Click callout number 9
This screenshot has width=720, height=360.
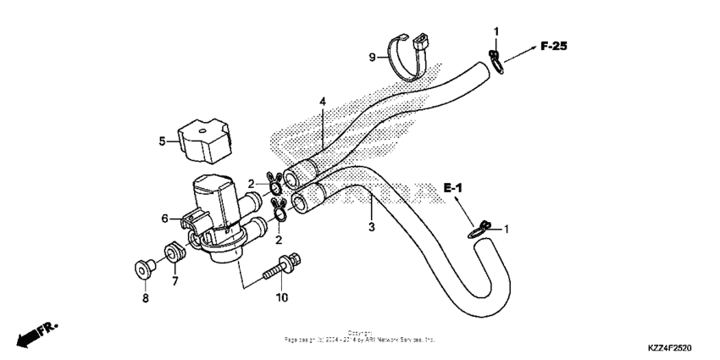(370, 58)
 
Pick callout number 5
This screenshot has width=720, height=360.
(162, 141)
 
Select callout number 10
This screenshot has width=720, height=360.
(281, 297)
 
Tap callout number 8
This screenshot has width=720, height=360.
(145, 298)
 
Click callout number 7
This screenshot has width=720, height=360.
(175, 280)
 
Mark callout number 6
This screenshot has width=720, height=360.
(166, 218)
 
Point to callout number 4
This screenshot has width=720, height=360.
(322, 102)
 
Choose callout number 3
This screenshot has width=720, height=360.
(370, 227)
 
